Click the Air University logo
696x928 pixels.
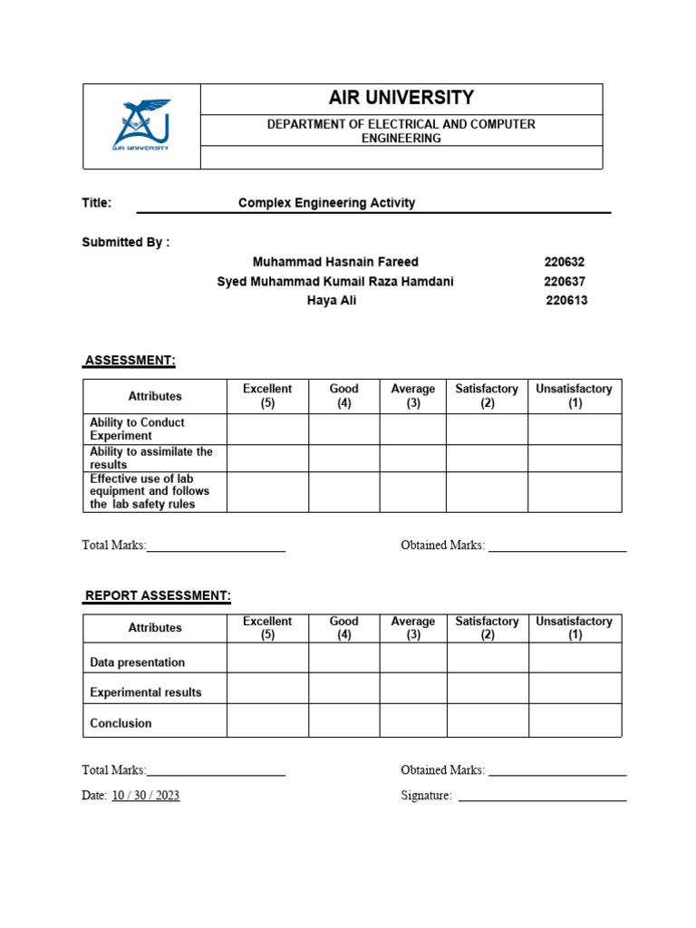point(140,126)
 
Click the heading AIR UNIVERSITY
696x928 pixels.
point(401,98)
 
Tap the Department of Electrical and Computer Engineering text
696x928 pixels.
point(401,130)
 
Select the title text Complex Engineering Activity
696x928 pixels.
point(326,203)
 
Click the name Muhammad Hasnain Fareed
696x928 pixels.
point(335,262)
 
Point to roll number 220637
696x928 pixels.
point(565,282)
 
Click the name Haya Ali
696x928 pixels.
point(332,301)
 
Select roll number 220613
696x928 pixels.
point(566,301)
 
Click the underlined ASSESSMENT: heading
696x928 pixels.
point(130,361)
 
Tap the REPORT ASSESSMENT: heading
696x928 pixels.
point(158,595)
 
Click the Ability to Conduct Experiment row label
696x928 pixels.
point(137,429)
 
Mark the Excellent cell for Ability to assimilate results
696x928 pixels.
point(267,458)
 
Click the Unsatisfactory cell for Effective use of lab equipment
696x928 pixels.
point(575,491)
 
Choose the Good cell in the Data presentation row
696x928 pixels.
point(343,658)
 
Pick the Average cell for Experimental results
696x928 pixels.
point(413,688)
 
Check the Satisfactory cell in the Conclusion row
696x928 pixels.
point(488,720)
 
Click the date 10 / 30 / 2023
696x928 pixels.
point(145,796)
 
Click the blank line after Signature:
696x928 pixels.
point(542,796)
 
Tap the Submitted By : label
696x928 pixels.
point(126,242)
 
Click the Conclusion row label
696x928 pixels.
point(121,723)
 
